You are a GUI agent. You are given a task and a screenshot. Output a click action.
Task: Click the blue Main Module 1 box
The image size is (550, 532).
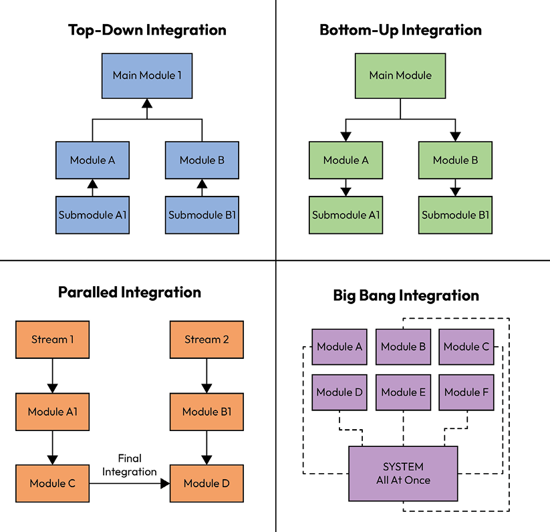pos(147,76)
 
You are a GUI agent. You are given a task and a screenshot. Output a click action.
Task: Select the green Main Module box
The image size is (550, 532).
pos(400,76)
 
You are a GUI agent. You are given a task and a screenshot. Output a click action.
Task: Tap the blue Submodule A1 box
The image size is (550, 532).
pos(92,215)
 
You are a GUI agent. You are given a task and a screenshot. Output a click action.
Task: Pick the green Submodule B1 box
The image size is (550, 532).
pos(455,215)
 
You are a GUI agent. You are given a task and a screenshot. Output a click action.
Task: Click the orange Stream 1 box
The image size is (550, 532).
pos(53,340)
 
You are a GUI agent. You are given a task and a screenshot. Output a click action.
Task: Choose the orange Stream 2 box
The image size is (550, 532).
pos(207,340)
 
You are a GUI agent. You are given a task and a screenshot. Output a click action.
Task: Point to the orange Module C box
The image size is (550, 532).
pos(53,483)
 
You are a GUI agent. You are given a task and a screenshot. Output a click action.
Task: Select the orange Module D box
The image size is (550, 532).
pos(207,483)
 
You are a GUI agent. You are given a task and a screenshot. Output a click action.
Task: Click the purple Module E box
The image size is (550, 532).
pos(403,392)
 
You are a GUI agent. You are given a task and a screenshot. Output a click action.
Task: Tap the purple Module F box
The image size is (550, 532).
pos(466,392)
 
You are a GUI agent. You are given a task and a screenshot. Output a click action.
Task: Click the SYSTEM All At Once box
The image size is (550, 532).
pos(403,474)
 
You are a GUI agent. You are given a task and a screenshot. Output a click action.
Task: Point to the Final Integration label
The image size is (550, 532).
pos(130,465)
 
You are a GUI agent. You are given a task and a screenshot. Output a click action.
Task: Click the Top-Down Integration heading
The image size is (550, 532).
pos(147,30)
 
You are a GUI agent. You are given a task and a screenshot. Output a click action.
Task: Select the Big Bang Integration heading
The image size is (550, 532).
pos(406,295)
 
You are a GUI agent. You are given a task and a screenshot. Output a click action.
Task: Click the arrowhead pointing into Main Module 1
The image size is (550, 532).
pos(147,104)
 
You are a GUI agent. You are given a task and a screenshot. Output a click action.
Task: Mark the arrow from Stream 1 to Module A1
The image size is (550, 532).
pos(53,376)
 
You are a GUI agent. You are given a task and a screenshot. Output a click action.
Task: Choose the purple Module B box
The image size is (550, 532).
pos(403,347)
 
